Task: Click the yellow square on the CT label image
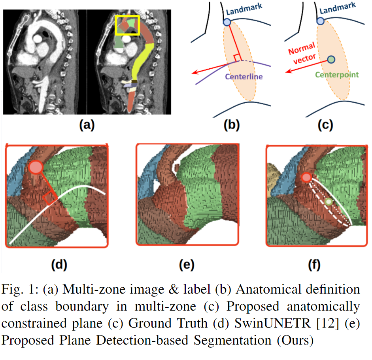(127, 25)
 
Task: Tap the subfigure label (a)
(87, 125)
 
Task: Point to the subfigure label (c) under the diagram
(325, 125)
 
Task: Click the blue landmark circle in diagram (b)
(227, 22)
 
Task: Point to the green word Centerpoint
(336, 74)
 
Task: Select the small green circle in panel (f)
(329, 202)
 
